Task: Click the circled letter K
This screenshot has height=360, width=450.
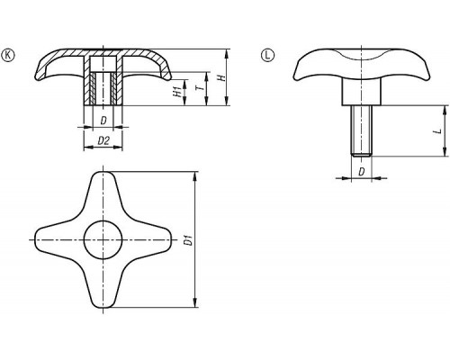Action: tap(8, 55)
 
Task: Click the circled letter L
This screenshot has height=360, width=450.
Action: tap(267, 55)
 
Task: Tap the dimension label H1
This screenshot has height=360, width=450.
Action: tap(177, 92)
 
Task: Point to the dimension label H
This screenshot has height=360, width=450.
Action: tap(221, 78)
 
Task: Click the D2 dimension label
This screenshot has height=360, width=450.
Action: tap(103, 140)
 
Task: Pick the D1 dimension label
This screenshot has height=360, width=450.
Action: tap(188, 240)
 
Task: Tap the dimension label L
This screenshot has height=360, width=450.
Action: tap(438, 130)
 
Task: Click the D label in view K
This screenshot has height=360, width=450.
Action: tap(103, 121)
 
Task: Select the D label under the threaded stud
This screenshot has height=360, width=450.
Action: tap(362, 172)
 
